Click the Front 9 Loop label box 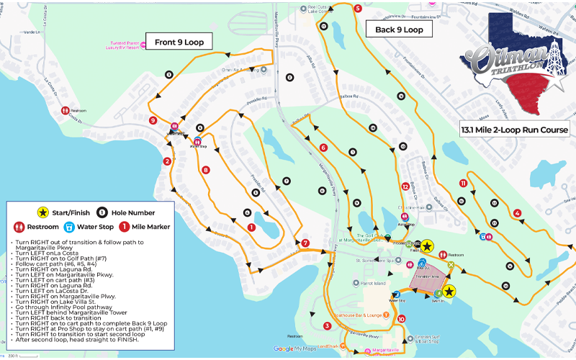click(x=179, y=42)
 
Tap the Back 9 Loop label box click(x=399, y=30)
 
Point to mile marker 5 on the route click(x=358, y=9)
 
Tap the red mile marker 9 click(x=153, y=120)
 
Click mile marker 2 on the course click(x=167, y=161)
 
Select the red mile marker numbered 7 click(x=305, y=243)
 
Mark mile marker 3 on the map click(x=327, y=326)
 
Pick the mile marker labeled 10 click(x=401, y=319)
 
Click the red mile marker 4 click(x=518, y=212)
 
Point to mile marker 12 click(x=405, y=186)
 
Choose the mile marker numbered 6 click(x=323, y=148)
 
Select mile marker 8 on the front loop click(x=206, y=171)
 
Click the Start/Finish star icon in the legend click(x=42, y=212)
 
